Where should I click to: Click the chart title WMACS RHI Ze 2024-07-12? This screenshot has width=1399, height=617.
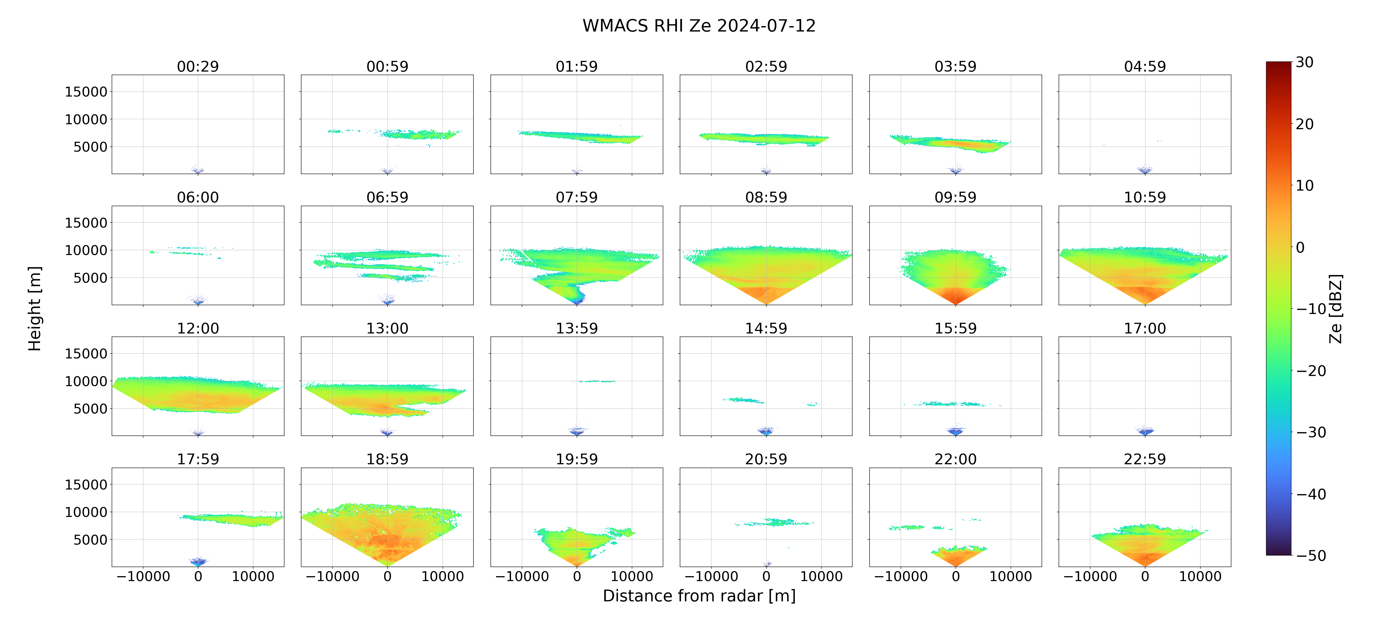pyautogui.click(x=699, y=26)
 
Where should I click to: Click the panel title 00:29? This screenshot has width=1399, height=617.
pyautogui.click(x=198, y=66)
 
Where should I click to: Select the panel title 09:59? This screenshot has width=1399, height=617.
pyautogui.click(x=955, y=197)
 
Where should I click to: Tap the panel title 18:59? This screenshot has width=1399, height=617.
pyautogui.click(x=387, y=459)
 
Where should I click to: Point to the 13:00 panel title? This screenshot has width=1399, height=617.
pyautogui.click(x=387, y=328)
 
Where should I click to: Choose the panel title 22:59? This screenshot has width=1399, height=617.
pyautogui.click(x=1145, y=459)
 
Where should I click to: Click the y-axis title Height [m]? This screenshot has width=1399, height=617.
pyautogui.click(x=34, y=308)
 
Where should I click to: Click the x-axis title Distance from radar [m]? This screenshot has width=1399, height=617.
pyautogui.click(x=699, y=596)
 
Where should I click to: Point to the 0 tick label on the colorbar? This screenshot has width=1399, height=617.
pyautogui.click(x=1300, y=247)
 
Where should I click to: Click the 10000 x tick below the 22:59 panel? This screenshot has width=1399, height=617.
pyautogui.click(x=1200, y=576)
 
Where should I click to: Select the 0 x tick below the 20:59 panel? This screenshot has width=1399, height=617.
pyautogui.click(x=766, y=576)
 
